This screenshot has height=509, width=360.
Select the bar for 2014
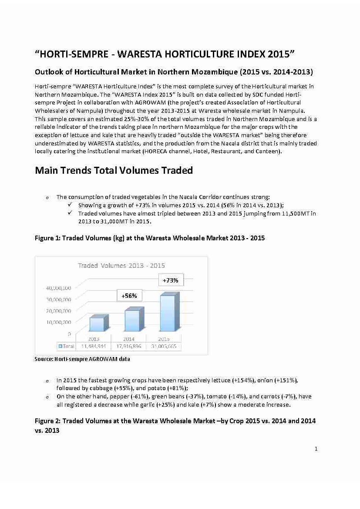point(132,320)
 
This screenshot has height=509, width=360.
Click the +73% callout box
point(170,280)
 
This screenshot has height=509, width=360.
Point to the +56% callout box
point(129,296)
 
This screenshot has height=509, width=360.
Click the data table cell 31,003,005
point(164,347)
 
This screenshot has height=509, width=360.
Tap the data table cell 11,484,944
point(93,347)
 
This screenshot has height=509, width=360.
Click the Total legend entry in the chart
point(66,347)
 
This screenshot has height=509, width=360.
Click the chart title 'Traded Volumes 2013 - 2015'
point(121,265)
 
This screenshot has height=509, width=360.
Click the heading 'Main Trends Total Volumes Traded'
point(114,170)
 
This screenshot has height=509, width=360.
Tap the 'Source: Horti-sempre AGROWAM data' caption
point(82,359)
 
